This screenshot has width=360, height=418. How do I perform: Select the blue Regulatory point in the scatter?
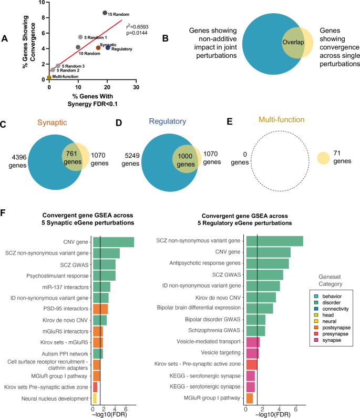108,48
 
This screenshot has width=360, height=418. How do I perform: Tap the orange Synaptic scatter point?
98,48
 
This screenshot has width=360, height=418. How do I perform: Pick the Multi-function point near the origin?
49,77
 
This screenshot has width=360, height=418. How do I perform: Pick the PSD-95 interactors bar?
100,308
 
